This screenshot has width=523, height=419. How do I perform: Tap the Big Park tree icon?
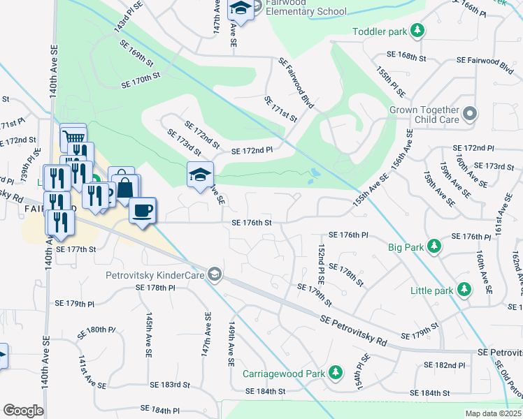(x=434, y=247)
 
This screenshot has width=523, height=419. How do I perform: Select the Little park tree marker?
(x=463, y=289)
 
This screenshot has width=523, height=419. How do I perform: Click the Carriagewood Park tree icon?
(x=336, y=372)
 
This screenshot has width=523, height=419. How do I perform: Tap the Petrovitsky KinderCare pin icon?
(x=214, y=275)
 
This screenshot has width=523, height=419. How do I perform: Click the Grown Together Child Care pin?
(x=471, y=113)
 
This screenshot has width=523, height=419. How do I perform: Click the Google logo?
(x=24, y=411)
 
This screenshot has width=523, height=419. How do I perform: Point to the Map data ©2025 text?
(x=493, y=413)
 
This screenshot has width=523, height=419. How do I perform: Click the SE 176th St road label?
(x=251, y=223)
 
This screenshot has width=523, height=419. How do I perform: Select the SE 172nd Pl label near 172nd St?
(x=251, y=150)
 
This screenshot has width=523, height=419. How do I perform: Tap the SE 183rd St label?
(x=170, y=385)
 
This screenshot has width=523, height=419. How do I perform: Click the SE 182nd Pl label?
(x=445, y=365)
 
